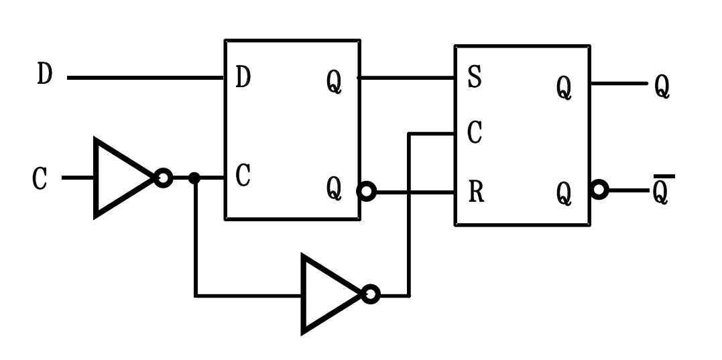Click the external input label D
coord(44,74)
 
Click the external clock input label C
coord(41,179)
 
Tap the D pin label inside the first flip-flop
coord(243,78)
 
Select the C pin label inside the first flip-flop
coord(243,176)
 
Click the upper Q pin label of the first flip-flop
coord(334,82)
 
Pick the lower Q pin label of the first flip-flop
coord(334,190)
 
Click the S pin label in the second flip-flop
coord(474,78)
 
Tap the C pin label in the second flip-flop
coord(474,133)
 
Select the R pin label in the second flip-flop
coord(475,193)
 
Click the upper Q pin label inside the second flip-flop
coord(564,88)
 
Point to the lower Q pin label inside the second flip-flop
coord(564,194)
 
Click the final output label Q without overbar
coord(662,87)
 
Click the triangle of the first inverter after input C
coord(121,178)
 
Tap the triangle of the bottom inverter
coord(328,294)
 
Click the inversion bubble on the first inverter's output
coord(163,178)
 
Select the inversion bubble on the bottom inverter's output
coord(371,294)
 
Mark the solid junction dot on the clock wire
coord(194,178)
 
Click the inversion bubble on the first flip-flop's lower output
coord(367,192)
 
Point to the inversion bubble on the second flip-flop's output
coord(599,190)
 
